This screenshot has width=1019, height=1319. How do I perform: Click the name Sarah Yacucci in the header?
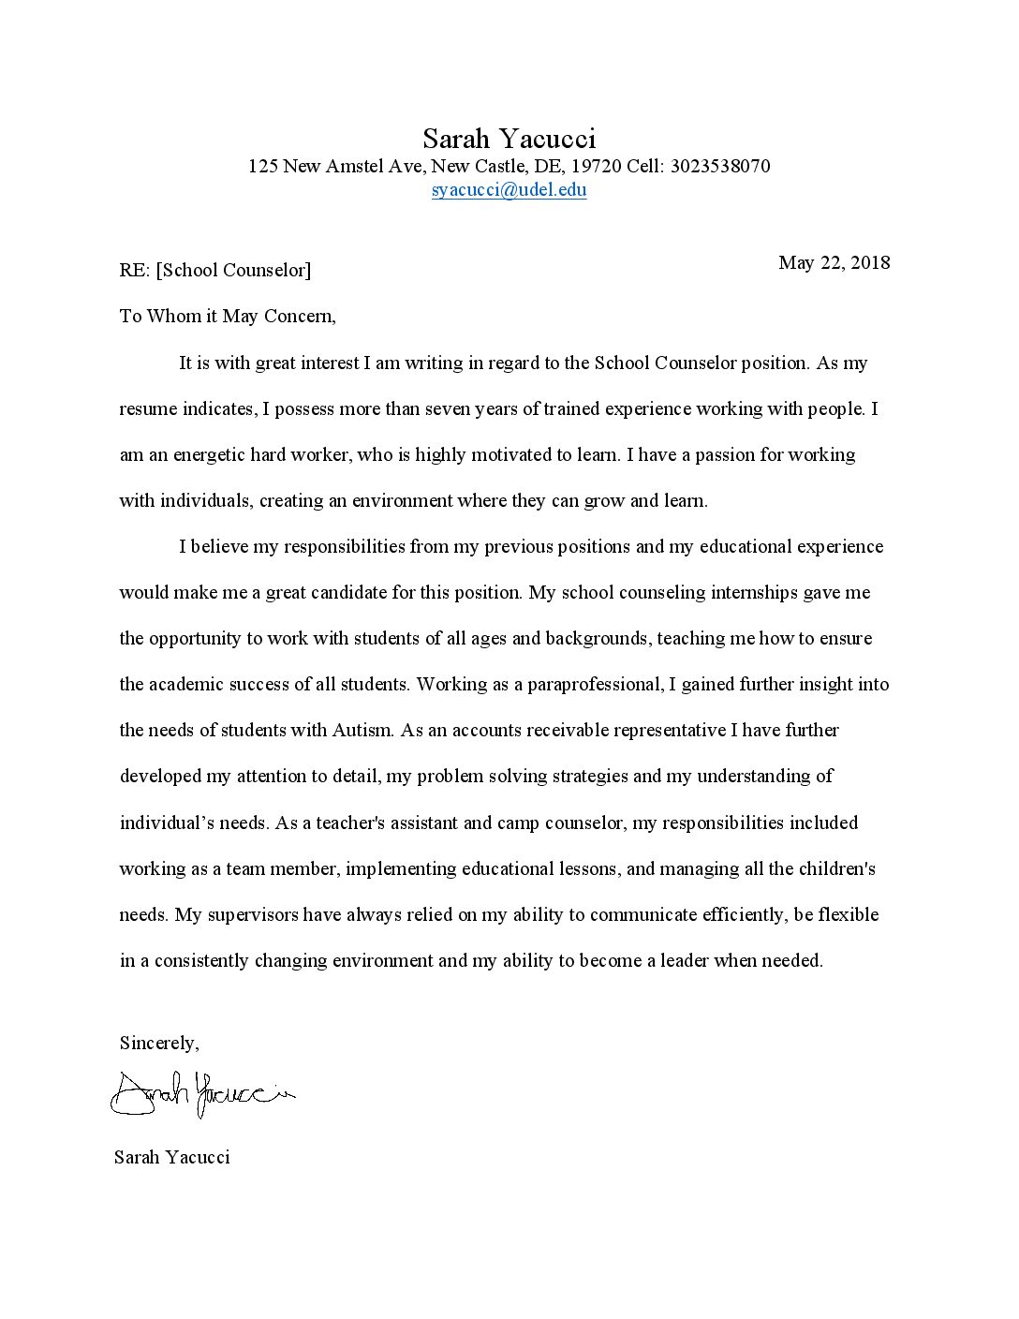click(509, 139)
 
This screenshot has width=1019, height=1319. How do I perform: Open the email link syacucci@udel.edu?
click(509, 189)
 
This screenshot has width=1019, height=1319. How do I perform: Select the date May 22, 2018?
click(834, 262)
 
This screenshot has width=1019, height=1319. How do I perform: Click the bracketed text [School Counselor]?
click(233, 271)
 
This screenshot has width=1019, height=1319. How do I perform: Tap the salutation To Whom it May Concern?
click(228, 316)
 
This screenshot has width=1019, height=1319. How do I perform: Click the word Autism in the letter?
click(361, 730)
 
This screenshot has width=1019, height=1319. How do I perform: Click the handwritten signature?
click(202, 1091)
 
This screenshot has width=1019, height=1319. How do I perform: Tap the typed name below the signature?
click(171, 1157)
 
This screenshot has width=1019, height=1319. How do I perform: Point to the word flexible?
click(849, 914)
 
